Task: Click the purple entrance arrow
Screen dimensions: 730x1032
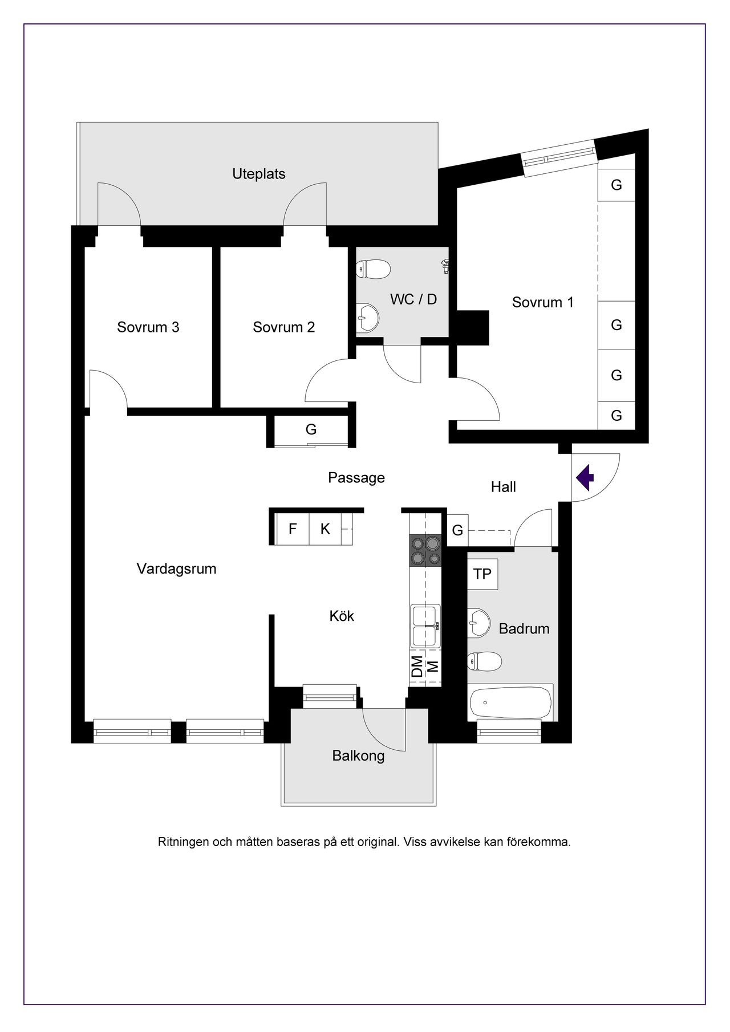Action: (x=585, y=478)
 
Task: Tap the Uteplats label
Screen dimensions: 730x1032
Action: (x=259, y=174)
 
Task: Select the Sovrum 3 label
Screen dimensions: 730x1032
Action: (x=148, y=327)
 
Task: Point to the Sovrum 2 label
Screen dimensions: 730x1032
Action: (x=284, y=327)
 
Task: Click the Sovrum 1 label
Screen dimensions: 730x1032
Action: (x=543, y=302)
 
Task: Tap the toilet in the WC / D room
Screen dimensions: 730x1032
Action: (x=372, y=269)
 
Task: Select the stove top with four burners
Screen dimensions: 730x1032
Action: (x=425, y=551)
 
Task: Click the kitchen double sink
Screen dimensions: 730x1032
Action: (x=425, y=627)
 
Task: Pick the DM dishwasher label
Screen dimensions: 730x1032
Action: (x=417, y=667)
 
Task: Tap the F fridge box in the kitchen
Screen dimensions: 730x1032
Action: (x=293, y=529)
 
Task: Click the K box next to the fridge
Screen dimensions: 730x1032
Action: (x=325, y=529)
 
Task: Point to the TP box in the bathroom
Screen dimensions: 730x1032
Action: (x=482, y=574)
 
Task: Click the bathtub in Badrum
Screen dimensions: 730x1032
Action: (x=511, y=702)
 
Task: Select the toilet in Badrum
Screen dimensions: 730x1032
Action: (x=484, y=661)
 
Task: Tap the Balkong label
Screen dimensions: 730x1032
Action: (x=359, y=756)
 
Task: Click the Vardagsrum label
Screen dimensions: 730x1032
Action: (x=177, y=568)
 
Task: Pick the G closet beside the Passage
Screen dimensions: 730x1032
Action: (x=311, y=429)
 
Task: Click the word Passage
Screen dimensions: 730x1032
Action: (x=356, y=478)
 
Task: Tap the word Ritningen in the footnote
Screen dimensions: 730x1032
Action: (x=183, y=842)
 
